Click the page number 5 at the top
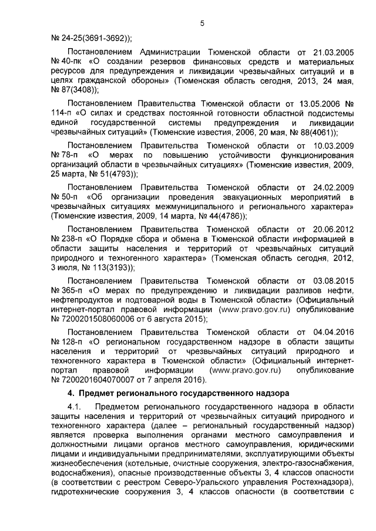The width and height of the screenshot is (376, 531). tap(202, 23)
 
